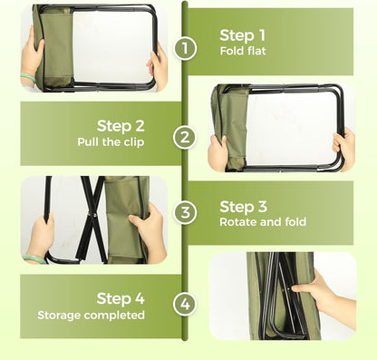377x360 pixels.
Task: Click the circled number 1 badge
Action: click(x=185, y=48)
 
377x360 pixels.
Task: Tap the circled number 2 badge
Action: click(x=185, y=137)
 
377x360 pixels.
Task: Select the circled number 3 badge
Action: click(x=185, y=212)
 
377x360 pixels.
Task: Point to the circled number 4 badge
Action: click(x=185, y=304)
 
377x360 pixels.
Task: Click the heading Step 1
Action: click(x=242, y=35)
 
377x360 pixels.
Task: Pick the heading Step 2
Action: click(x=121, y=126)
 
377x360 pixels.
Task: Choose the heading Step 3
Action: click(x=243, y=207)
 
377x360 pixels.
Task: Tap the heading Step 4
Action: click(x=121, y=298)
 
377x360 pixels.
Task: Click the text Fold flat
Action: click(x=243, y=51)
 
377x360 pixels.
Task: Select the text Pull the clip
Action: click(x=111, y=142)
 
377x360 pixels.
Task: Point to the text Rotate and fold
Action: click(x=263, y=222)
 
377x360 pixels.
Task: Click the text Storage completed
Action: click(x=91, y=316)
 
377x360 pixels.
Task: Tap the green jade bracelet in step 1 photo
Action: click(x=28, y=78)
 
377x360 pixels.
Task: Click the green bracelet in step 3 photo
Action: click(x=34, y=258)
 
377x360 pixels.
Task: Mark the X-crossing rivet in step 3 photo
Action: click(x=91, y=215)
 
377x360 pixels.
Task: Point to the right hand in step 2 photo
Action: click(x=344, y=148)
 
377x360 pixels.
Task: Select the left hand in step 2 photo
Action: click(x=219, y=151)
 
